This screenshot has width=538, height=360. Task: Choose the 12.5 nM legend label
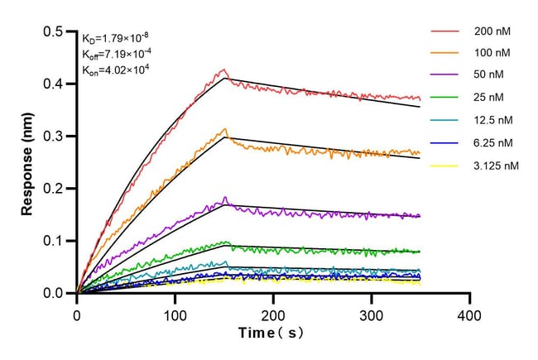click(492, 122)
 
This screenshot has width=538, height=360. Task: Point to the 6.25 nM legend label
click(492, 143)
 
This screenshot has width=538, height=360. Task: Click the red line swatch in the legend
click(444, 32)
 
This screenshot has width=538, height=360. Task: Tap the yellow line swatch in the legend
click(444, 166)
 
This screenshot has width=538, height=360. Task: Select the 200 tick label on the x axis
click(273, 315)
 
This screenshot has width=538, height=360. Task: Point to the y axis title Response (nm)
click(28, 161)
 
